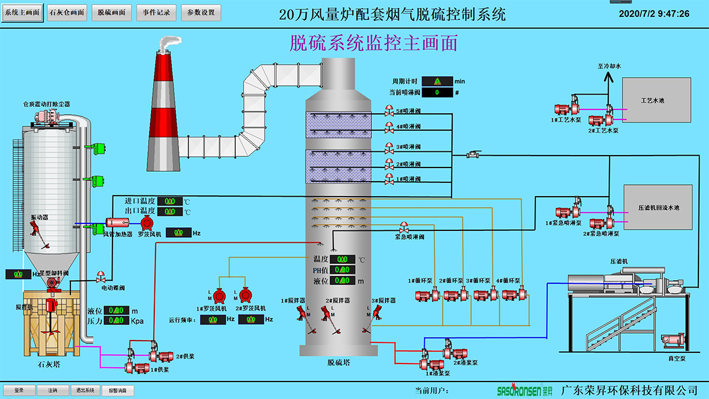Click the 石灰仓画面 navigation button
coord(67,13)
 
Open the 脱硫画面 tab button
coord(112,13)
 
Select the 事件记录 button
coord(157,13)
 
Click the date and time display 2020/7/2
coord(654,14)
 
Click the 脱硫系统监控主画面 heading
coord(374,43)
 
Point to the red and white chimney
coord(163,106)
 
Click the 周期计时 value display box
coord(437,81)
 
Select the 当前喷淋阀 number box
coord(437,93)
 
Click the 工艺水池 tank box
coord(656,100)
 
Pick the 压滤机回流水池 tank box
coord(658,207)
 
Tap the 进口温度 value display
coord(169,201)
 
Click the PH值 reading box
coord(341,270)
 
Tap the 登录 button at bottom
coord(19,390)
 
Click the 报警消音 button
coord(118,390)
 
